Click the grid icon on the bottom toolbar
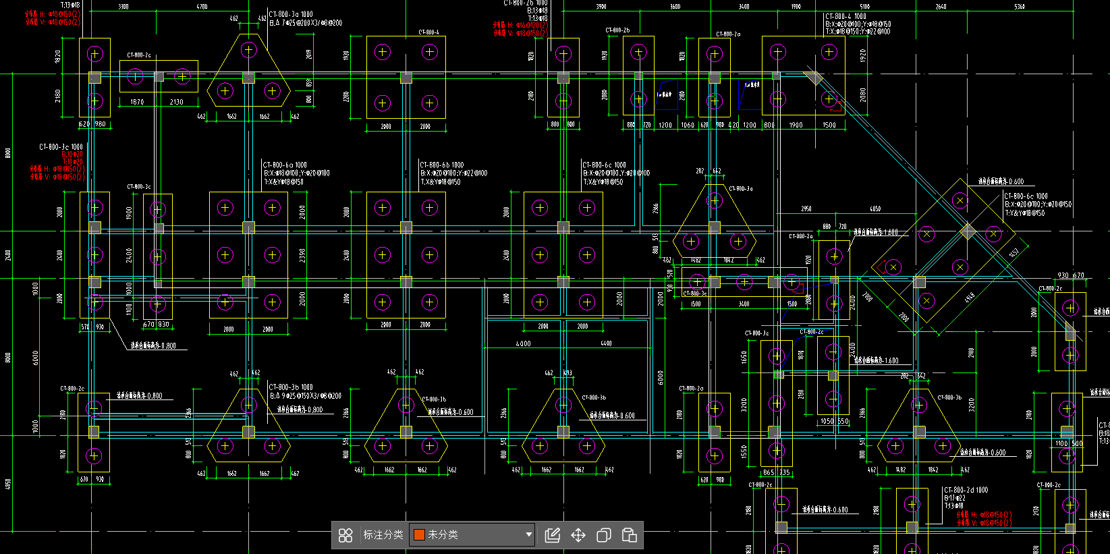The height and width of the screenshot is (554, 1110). point(345,535)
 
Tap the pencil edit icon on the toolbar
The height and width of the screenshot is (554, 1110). point(553,535)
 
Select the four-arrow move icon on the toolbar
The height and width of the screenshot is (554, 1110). point(578,535)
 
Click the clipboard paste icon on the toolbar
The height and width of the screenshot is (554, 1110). point(629,535)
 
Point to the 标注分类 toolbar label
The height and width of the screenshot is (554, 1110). point(383,535)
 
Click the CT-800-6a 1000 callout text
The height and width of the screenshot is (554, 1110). point(285,165)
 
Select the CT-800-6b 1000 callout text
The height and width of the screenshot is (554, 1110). point(442,165)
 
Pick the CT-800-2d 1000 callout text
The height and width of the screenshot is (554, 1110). point(966,490)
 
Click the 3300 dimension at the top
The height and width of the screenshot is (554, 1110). point(123,7)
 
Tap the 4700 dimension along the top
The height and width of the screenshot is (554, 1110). point(202,7)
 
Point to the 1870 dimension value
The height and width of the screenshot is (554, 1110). point(137,102)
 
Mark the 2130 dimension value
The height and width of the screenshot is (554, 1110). point(177,102)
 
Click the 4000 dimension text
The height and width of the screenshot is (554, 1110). point(523,343)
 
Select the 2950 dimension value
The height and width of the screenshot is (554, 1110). point(806,209)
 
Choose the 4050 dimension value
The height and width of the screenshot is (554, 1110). point(875,209)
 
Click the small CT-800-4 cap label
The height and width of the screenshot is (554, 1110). point(428,32)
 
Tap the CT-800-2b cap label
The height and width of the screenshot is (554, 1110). point(617,30)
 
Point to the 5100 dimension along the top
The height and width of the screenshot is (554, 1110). point(865,7)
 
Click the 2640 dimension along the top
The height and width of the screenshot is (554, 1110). point(941,7)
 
